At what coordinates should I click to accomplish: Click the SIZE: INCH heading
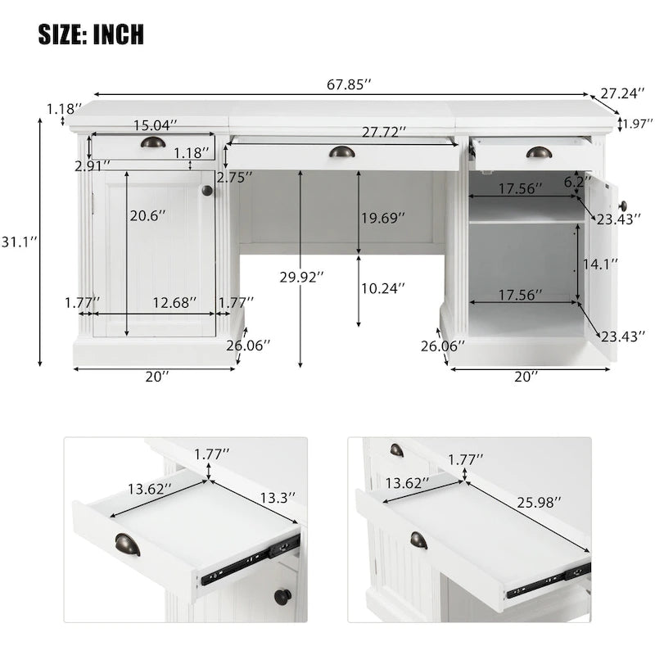(x=91, y=34)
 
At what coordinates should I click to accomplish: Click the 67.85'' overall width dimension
(x=349, y=84)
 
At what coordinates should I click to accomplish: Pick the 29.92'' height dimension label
(x=300, y=278)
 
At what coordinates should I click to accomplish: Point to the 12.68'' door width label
(x=174, y=303)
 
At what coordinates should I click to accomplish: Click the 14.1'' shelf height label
(x=600, y=264)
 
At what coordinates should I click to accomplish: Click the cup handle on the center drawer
(x=342, y=151)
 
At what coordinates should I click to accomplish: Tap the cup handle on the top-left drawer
(x=152, y=142)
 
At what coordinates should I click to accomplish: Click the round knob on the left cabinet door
(x=207, y=191)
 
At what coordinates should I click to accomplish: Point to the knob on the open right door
(x=622, y=206)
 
